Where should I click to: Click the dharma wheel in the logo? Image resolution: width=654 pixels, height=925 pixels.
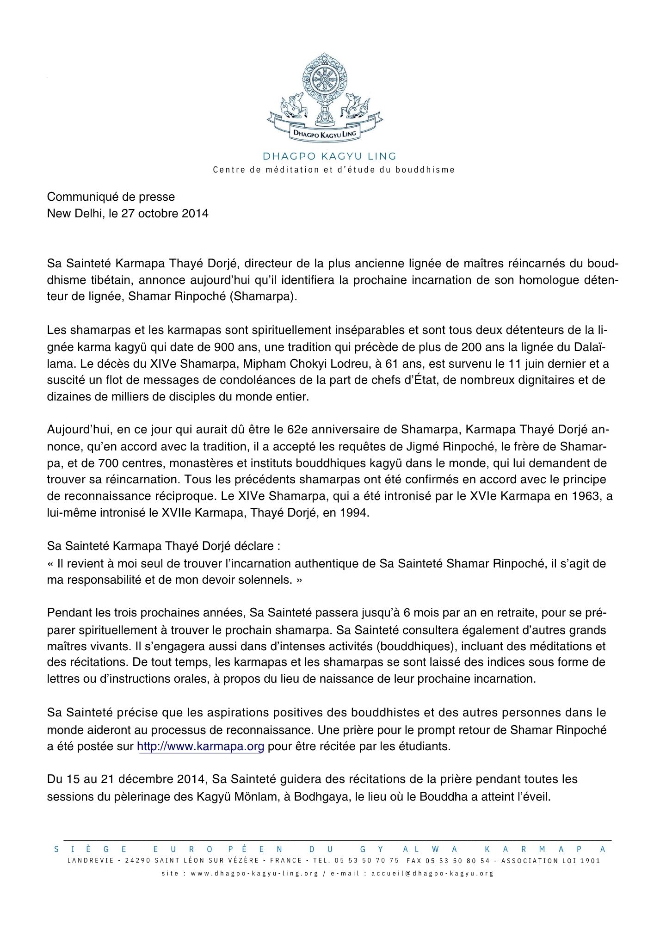tap(324, 80)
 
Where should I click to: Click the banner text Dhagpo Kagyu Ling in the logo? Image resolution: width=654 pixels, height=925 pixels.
tap(325, 134)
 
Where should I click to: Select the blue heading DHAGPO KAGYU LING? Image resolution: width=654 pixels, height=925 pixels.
tap(329, 156)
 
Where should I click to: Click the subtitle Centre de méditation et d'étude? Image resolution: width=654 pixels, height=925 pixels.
tap(333, 170)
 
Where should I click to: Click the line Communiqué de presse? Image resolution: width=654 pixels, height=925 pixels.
tap(111, 197)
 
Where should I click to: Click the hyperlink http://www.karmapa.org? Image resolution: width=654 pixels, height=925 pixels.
tap(201, 746)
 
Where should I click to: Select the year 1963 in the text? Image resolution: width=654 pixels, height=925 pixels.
tap(588, 496)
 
